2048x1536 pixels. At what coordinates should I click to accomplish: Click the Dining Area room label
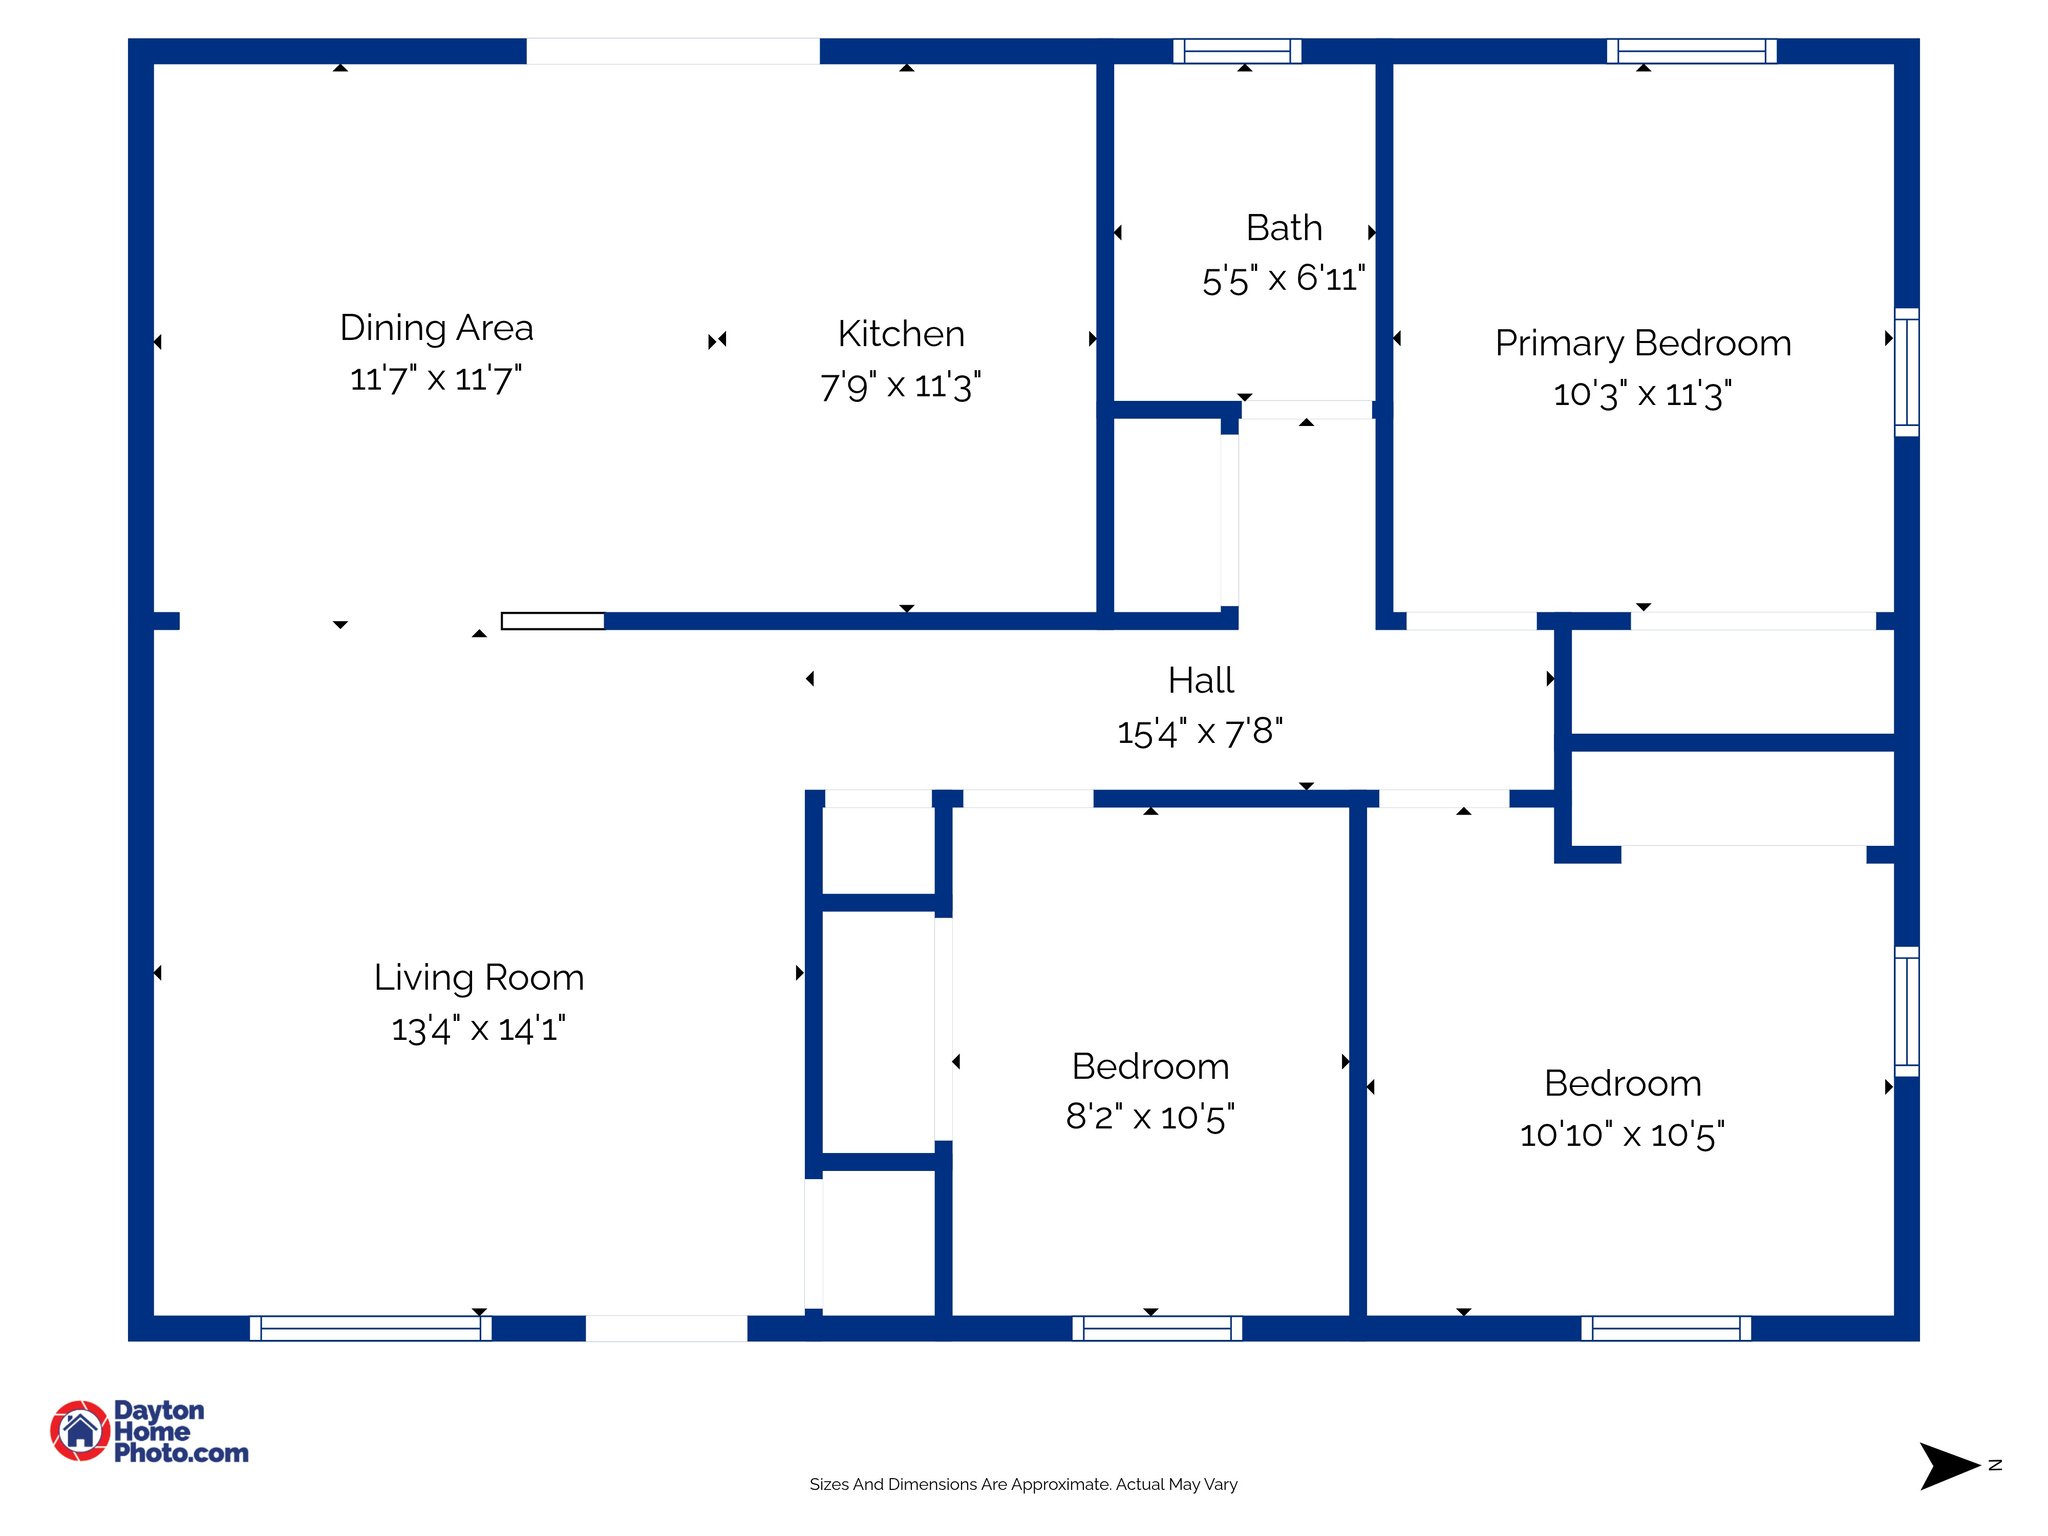pyautogui.click(x=436, y=328)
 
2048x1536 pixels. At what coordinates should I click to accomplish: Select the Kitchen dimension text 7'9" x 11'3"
pyautogui.click(x=900, y=386)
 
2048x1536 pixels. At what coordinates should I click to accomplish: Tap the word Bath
pyautogui.click(x=1284, y=228)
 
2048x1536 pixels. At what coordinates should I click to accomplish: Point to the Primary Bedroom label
pyautogui.click(x=1642, y=343)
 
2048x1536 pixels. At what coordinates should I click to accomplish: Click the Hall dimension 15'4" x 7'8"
pyautogui.click(x=1200, y=732)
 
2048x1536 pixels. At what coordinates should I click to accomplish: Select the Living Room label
pyautogui.click(x=479, y=977)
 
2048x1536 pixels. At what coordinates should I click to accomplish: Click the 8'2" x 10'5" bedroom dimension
pyautogui.click(x=1150, y=1117)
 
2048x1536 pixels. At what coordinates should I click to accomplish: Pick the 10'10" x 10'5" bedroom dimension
pyautogui.click(x=1622, y=1135)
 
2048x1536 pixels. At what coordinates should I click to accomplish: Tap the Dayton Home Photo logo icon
pyautogui.click(x=80, y=1430)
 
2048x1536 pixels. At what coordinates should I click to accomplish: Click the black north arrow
pyautogui.click(x=1946, y=1466)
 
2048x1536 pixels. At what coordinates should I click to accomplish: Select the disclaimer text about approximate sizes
pyautogui.click(x=1023, y=1484)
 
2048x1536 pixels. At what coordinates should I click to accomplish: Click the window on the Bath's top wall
pyautogui.click(x=1237, y=51)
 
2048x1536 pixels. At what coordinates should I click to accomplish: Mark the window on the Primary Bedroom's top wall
pyautogui.click(x=1691, y=51)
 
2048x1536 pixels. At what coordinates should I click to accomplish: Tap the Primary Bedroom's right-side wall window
pyautogui.click(x=1907, y=372)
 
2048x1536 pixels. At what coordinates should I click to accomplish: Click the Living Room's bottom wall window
pyautogui.click(x=370, y=1328)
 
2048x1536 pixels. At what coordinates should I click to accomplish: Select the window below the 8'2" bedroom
pyautogui.click(x=1157, y=1328)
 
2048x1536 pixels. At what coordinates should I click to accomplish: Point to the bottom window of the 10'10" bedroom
pyautogui.click(x=1666, y=1328)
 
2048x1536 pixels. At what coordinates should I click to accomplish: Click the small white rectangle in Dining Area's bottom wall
pyautogui.click(x=552, y=621)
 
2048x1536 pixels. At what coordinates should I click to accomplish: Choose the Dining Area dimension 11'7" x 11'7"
pyautogui.click(x=436, y=380)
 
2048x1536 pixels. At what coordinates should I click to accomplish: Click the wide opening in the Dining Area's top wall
pyautogui.click(x=673, y=51)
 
